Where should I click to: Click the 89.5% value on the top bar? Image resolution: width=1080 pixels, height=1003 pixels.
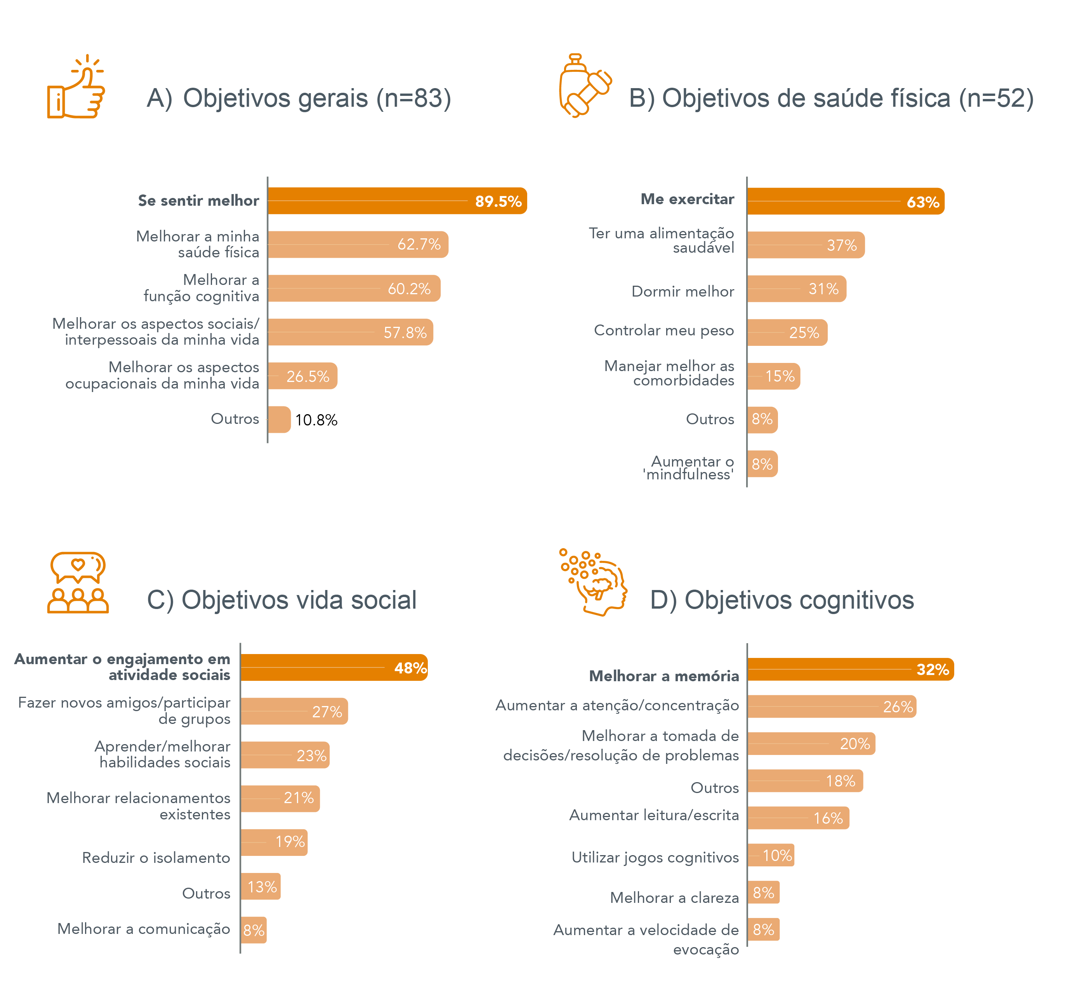coord(498,201)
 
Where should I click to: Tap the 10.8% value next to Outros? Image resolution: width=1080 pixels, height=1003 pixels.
coord(316,420)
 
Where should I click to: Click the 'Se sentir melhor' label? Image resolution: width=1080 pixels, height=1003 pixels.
coord(198,201)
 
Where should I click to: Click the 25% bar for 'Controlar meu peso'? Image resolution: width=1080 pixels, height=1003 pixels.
coord(787,333)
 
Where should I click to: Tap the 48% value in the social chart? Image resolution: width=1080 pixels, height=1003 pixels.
coord(410,668)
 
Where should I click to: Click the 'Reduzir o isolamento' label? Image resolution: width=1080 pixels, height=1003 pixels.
coord(156,857)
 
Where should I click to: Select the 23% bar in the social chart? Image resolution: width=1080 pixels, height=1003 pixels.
coord(285,755)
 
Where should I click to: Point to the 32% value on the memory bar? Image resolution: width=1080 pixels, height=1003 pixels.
coord(932,670)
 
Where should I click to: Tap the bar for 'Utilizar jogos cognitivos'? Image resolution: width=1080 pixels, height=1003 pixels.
coord(771,855)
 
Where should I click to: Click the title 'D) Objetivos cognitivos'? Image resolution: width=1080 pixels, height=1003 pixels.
coord(781,600)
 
